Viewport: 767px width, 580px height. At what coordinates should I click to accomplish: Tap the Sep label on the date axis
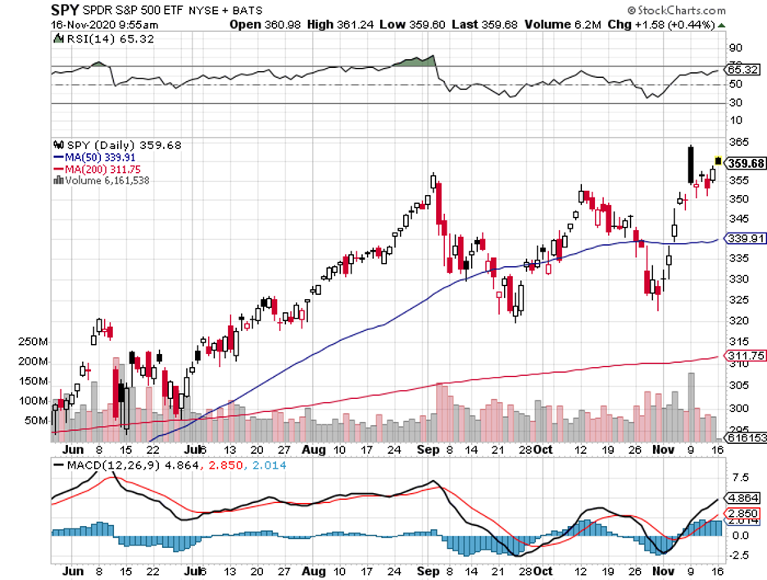(425, 450)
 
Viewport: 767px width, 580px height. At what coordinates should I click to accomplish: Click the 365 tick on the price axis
(736, 142)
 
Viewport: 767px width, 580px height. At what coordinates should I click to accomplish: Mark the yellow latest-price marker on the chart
(719, 160)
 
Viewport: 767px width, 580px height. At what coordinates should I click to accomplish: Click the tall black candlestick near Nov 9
(691, 165)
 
